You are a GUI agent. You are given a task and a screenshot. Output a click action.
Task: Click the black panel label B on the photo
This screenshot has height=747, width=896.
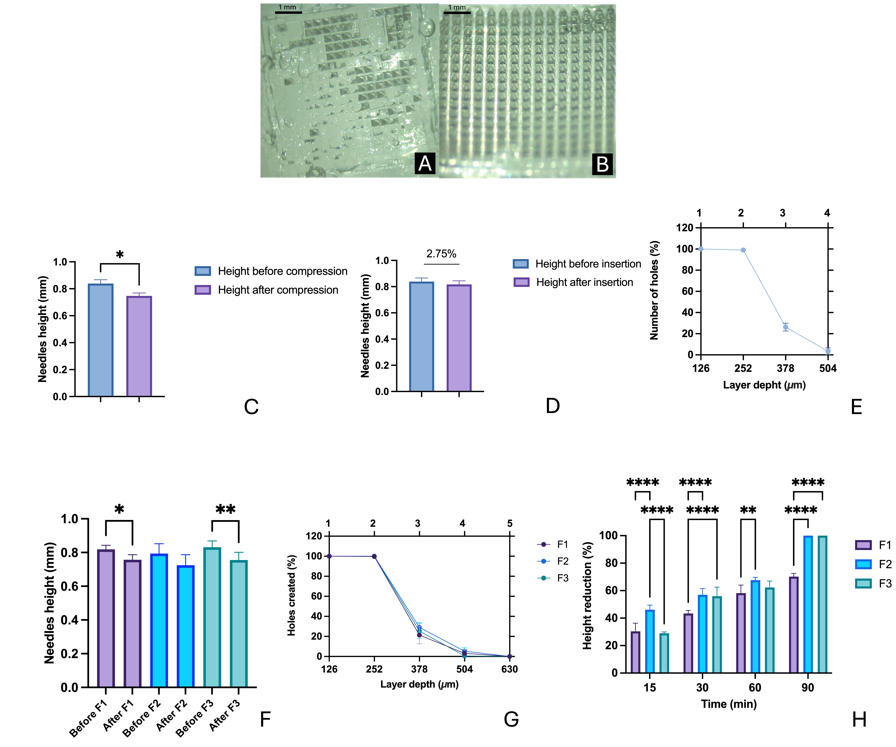click(602, 164)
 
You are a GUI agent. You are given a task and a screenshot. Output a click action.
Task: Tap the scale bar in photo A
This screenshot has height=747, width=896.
click(288, 12)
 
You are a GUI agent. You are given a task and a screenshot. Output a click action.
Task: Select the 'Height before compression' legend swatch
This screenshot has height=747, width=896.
click(203, 271)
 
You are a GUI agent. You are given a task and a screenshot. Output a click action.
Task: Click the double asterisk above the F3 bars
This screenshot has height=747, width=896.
click(225, 509)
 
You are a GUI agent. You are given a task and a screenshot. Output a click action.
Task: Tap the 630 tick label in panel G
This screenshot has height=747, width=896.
click(509, 669)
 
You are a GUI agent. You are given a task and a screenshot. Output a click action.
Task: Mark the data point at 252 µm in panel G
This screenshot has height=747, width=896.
click(374, 556)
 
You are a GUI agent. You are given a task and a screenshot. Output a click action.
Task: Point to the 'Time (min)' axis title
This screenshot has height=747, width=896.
click(729, 704)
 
